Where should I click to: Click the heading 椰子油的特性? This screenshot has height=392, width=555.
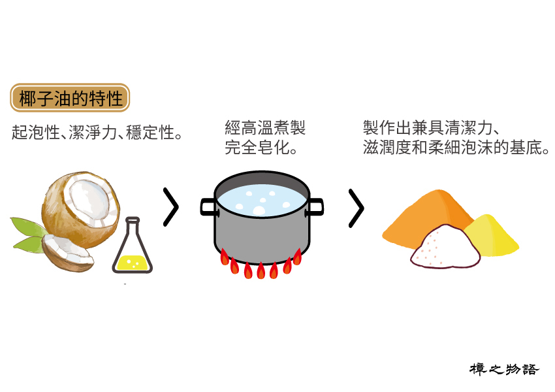coord(71,98)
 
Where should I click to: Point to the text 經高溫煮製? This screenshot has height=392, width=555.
coord(264,128)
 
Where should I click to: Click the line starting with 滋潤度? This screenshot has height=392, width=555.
coord(456,147)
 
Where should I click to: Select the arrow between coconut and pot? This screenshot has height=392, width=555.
coord(170,208)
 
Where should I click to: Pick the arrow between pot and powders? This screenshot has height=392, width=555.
coord(356,208)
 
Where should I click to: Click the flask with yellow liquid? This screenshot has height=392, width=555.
coord(132,252)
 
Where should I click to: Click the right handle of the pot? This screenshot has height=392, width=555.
coord(316,206)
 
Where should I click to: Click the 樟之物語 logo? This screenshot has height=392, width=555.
coord(504,369)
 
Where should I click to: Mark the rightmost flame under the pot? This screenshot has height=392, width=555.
coord(298,257)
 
